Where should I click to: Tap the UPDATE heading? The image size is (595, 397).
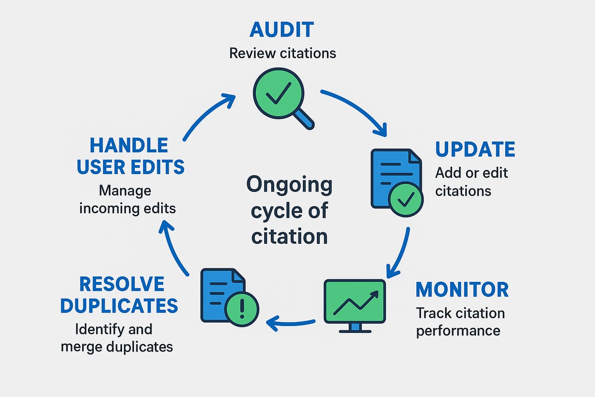475,149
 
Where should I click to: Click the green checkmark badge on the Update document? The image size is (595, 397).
406,199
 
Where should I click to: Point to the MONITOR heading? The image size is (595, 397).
462,289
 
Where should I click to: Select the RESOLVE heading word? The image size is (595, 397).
121,284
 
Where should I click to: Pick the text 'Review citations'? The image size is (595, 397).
283,53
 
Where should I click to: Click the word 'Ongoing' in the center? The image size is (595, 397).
290,185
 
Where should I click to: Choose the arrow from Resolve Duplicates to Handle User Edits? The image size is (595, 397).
174,248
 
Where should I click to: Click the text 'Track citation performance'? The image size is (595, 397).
460,322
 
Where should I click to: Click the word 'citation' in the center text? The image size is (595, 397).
290,236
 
